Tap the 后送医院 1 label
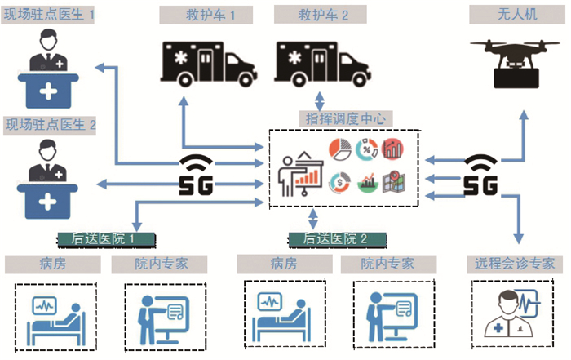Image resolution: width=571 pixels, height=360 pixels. tap(107, 238)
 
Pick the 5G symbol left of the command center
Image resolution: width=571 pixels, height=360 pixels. tap(196, 173)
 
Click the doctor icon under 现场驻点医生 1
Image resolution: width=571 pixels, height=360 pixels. tap(49, 69)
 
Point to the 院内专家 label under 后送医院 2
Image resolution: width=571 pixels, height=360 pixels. tap(388, 264)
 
